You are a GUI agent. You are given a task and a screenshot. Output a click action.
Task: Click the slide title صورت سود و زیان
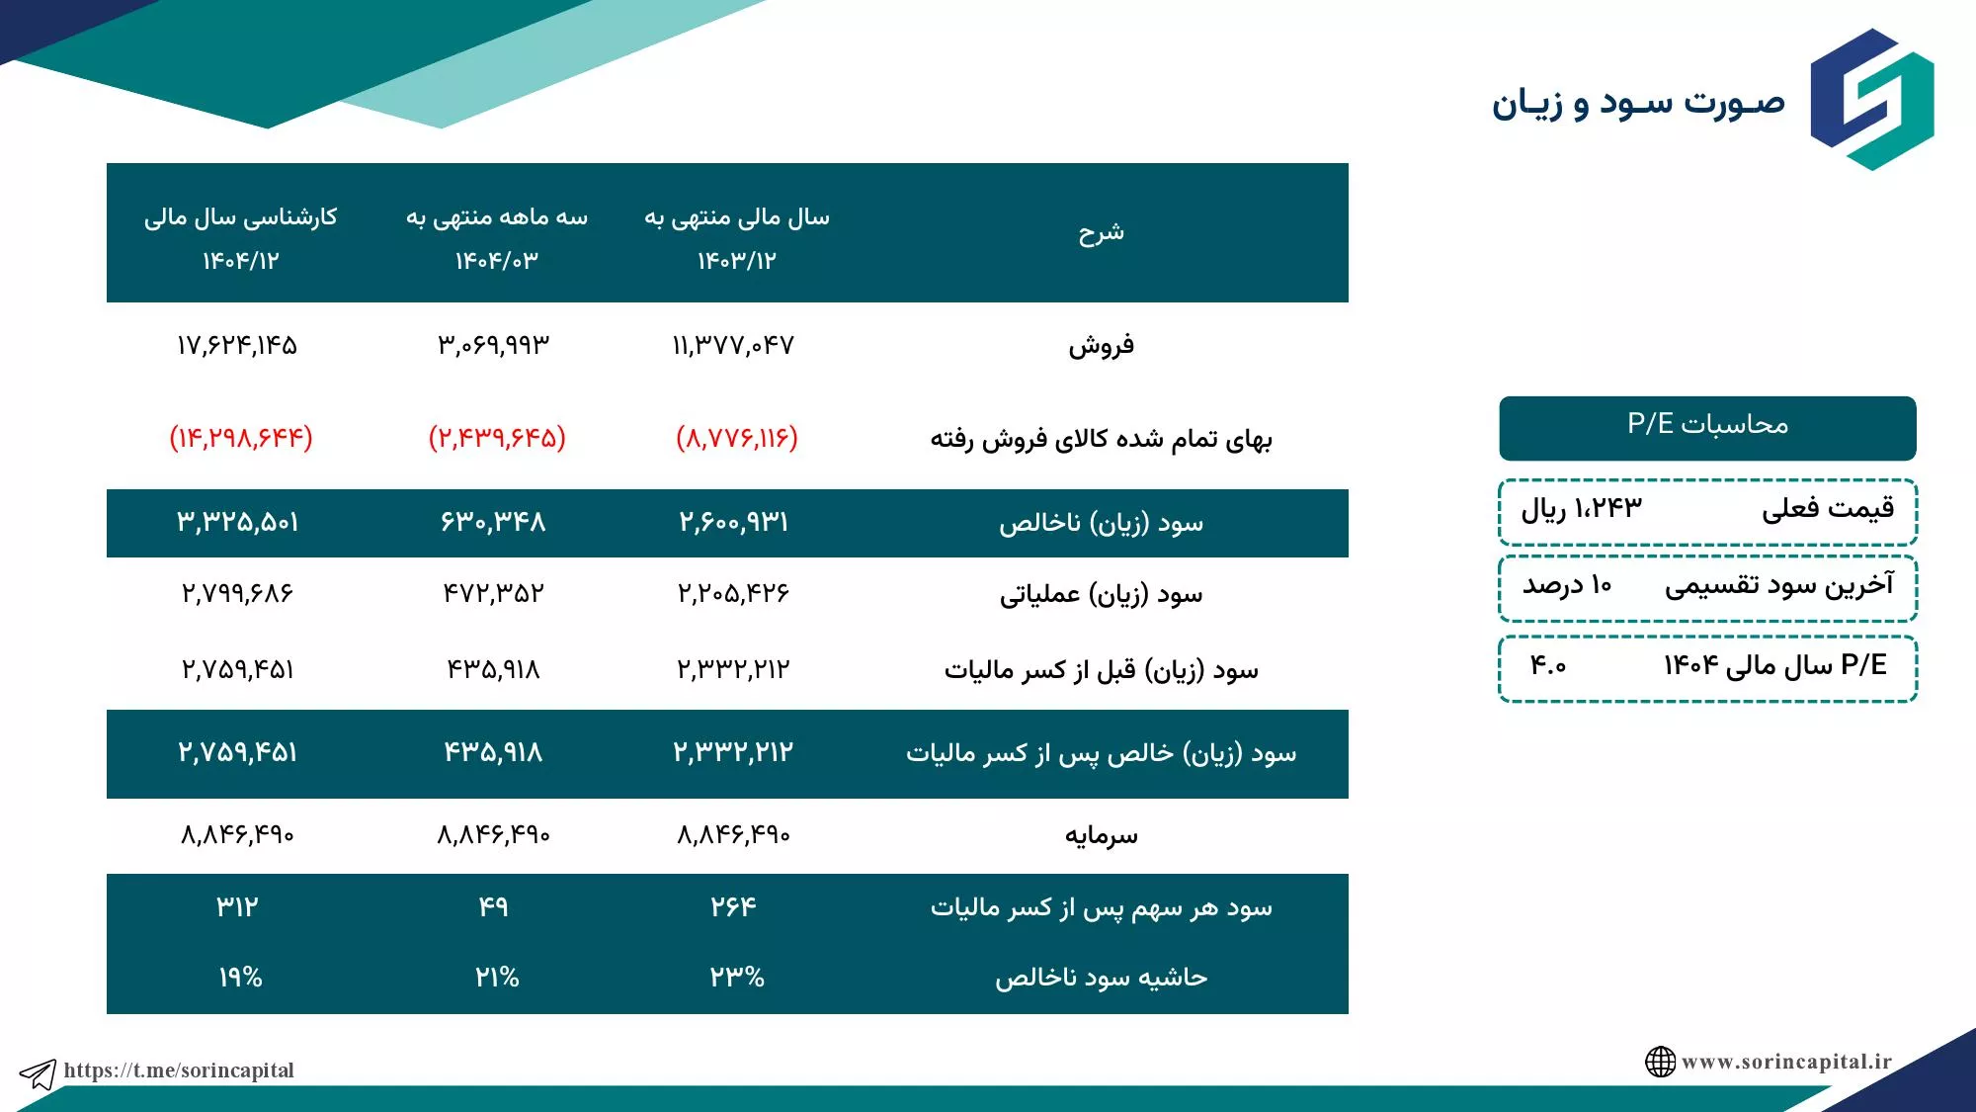coord(1638,103)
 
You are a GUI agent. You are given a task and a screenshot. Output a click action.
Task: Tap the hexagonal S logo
coord(1872,99)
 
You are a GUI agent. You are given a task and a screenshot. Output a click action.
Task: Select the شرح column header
coord(1101,232)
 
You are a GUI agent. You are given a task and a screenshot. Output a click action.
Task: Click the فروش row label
coord(1101,345)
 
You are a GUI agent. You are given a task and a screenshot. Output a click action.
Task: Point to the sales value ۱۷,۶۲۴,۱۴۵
coord(237,345)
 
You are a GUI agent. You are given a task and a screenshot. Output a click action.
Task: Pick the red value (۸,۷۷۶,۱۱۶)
coord(737,437)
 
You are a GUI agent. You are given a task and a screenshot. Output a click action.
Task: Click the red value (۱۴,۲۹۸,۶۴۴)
coord(241,437)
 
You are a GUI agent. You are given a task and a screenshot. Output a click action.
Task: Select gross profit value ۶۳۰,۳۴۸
coord(493,522)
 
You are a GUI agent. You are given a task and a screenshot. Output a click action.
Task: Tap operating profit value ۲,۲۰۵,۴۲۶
coord(733,593)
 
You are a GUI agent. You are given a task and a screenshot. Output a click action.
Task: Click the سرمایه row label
coord(1101,836)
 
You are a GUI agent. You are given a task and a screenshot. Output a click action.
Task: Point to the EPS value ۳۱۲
coord(237,906)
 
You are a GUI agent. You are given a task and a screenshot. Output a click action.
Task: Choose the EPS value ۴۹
coord(493,906)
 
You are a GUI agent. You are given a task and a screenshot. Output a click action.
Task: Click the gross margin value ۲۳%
coord(737,978)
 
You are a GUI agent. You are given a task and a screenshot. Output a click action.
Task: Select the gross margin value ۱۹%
coord(240,978)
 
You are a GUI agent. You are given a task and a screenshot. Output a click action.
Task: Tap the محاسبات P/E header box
coord(1707,428)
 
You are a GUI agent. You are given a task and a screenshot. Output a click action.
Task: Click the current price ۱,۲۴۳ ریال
coord(1581,508)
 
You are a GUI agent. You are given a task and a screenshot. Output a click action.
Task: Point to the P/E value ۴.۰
coord(1548,665)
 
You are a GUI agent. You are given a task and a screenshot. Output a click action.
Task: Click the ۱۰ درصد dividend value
coord(1567,585)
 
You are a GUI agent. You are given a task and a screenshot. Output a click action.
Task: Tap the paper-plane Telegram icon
coord(38,1073)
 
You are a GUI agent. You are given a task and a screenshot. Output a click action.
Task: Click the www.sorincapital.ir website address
coord(1786,1062)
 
